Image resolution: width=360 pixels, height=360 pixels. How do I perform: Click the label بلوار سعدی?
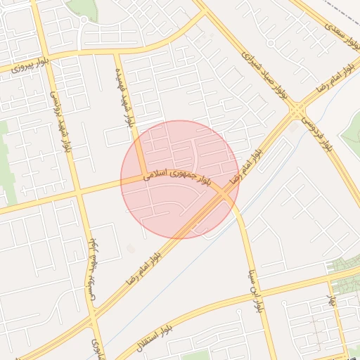click(x=342, y=34)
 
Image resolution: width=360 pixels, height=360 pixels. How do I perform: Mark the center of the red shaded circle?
click(x=180, y=179)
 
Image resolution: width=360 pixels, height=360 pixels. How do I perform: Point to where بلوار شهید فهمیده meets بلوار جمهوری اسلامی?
click(x=142, y=177)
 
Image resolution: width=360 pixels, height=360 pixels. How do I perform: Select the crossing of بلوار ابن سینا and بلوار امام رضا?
click(x=226, y=193)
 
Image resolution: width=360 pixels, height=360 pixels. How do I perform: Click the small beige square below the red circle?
click(x=131, y=248)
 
